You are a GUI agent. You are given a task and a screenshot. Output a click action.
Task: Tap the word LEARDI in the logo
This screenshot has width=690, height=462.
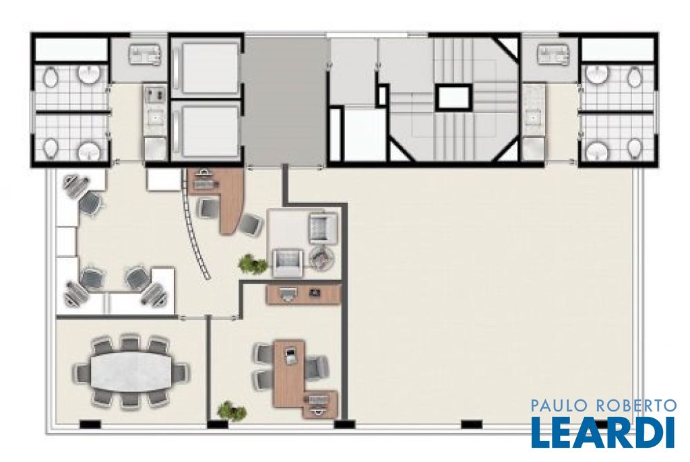603,432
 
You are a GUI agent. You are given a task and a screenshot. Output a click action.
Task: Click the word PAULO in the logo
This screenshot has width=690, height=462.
557,405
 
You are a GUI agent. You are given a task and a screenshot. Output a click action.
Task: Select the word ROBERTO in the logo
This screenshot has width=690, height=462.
634,405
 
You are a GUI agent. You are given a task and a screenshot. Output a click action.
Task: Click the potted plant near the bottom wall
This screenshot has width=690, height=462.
232,411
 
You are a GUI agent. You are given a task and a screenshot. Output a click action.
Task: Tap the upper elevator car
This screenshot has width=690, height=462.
206,68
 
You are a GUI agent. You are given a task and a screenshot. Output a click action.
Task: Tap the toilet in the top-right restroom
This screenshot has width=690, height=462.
634,77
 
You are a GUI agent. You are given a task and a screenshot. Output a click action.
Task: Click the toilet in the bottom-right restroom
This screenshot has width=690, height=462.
634,148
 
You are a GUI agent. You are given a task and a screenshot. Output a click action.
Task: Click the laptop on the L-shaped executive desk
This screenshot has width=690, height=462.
290,355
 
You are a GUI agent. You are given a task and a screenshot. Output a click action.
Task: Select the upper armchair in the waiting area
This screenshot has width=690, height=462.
323,226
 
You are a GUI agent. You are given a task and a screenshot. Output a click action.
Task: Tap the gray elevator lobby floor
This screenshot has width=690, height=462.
285,101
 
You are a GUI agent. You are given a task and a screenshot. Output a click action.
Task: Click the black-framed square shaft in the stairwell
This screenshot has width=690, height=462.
453,97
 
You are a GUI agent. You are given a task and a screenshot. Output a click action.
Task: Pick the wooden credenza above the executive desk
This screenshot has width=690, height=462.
304,294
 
